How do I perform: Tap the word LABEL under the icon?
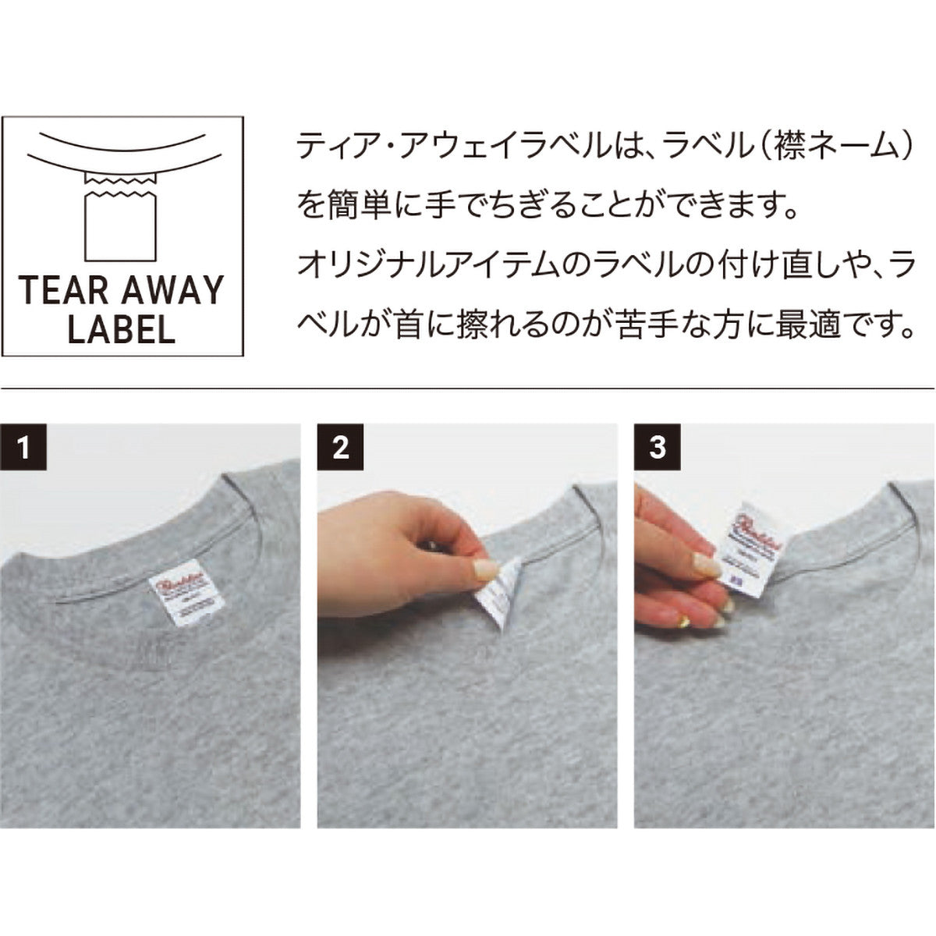tap(121, 329)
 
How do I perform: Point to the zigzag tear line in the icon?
tap(121, 185)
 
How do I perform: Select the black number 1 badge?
tap(24, 448)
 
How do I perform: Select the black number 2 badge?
tap(340, 448)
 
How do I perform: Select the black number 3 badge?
tap(658, 448)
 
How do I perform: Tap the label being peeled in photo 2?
tap(498, 597)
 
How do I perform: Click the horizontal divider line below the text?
tap(468, 388)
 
